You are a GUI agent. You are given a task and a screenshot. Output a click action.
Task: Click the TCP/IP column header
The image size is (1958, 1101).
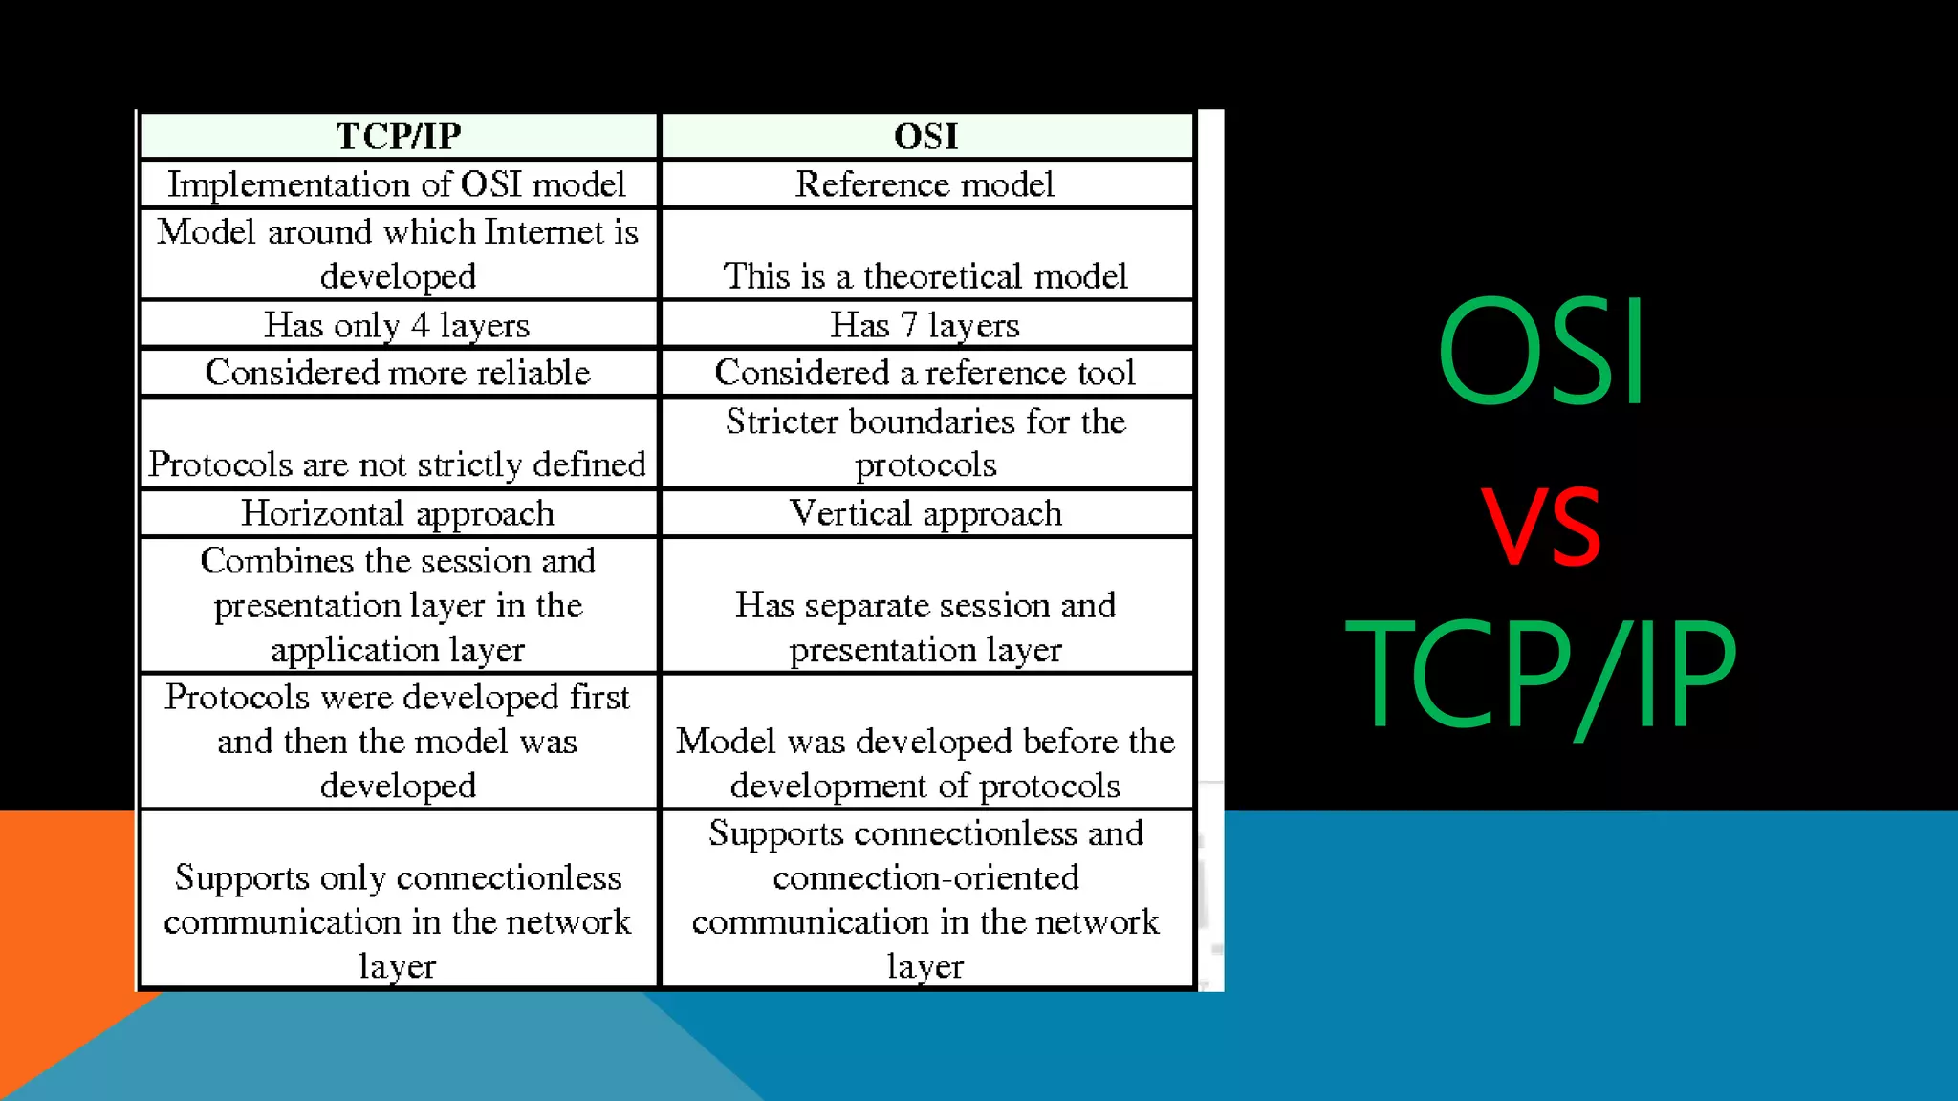[x=399, y=136]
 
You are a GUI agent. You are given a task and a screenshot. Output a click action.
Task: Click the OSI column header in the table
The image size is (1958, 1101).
[x=925, y=136]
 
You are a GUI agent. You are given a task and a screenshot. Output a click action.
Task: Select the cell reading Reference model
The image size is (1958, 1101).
[x=925, y=183]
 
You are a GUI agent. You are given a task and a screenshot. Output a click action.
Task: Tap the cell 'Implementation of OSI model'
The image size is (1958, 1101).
[x=397, y=183]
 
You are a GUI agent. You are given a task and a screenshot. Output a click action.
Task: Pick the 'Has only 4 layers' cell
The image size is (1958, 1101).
[x=397, y=325]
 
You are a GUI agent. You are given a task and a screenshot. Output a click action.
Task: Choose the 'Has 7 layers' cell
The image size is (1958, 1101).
[x=925, y=325]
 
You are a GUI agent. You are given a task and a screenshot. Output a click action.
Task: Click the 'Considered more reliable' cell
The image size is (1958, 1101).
[x=397, y=372]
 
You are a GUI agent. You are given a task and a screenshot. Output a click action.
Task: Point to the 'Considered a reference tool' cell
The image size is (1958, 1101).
[x=925, y=372]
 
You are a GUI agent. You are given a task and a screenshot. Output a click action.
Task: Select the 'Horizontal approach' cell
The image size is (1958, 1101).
[x=397, y=513]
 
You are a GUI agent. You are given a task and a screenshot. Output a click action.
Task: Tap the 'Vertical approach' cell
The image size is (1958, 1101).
[x=925, y=513]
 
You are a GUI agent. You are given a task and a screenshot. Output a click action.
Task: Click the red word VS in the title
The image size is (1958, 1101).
[x=1540, y=525]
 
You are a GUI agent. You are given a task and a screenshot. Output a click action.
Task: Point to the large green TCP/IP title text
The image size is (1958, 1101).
[x=1540, y=674]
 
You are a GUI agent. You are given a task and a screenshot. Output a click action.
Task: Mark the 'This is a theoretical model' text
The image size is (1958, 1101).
[x=925, y=276]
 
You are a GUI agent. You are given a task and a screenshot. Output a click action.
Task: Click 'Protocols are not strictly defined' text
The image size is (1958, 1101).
[x=397, y=464]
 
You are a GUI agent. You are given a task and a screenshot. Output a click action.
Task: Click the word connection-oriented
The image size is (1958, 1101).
[x=925, y=877]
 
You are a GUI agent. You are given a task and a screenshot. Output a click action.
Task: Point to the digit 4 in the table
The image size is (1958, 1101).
[x=420, y=325]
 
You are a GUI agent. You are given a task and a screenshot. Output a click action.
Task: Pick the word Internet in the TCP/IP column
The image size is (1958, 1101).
[x=544, y=232]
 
